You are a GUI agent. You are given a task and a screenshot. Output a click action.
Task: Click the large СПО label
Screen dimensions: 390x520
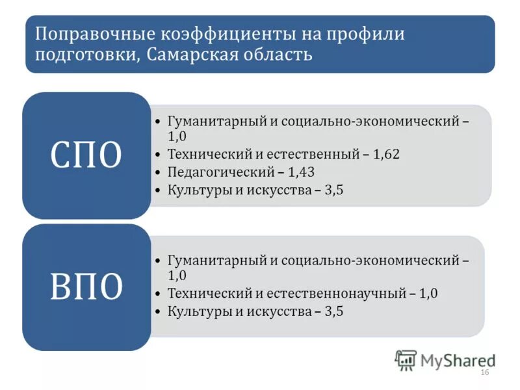[86, 155]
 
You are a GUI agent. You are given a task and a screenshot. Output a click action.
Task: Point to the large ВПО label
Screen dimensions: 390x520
[86, 287]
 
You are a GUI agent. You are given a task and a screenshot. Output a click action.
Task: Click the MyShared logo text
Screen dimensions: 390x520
[456, 359]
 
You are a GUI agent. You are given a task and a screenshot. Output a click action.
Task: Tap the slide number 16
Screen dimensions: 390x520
[484, 372]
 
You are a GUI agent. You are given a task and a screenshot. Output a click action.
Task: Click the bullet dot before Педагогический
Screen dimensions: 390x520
[159, 173]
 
